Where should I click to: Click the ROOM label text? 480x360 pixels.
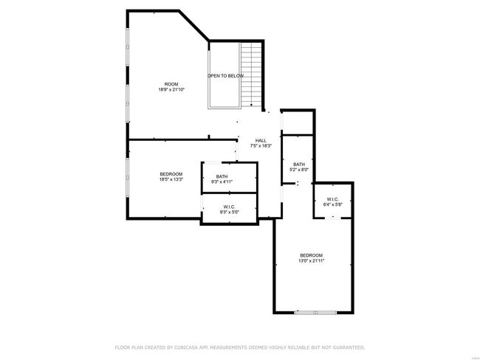tap(171, 84)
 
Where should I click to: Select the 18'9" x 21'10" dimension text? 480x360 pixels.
tap(171, 89)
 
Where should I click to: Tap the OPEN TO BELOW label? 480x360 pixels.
tap(226, 76)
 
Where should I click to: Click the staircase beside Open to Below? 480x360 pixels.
tap(251, 75)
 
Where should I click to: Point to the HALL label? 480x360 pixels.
tap(261, 140)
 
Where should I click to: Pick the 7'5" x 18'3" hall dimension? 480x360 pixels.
tap(261, 146)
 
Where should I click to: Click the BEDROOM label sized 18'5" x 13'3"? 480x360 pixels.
tap(171, 174)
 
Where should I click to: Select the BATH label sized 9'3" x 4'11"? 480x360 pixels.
tap(222, 176)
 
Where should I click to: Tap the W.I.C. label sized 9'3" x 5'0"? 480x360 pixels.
tap(229, 207)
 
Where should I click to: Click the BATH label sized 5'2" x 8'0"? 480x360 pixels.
tap(299, 165)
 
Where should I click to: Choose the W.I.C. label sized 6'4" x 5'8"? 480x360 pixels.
tap(333, 199)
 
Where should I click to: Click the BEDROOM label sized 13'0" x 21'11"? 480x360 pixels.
tap(312, 255)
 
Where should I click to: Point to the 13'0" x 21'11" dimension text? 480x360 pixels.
tap(312, 261)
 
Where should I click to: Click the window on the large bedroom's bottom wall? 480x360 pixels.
tap(315, 313)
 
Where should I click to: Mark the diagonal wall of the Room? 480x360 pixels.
tap(194, 25)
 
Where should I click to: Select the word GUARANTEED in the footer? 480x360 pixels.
tap(349, 347)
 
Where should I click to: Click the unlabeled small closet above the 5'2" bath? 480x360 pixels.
tap(298, 122)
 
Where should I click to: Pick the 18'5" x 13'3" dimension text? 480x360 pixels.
tap(171, 179)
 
